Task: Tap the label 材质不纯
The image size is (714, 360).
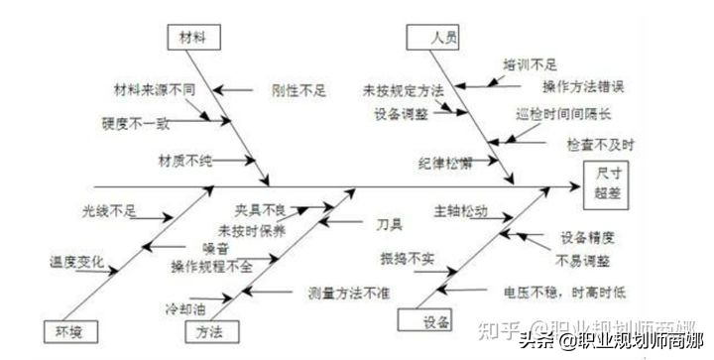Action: tap(185, 159)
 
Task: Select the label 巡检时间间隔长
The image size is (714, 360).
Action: tap(562, 114)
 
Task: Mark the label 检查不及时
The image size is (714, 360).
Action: tap(600, 144)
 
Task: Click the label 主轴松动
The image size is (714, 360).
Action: tap(460, 211)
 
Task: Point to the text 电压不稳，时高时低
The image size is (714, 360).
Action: tap(563, 293)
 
